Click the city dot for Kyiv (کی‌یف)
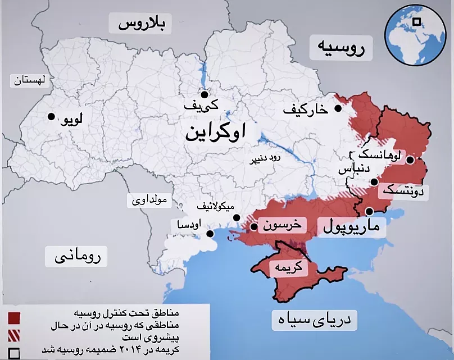coord(204,94)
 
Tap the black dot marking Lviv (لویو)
coord(51,116)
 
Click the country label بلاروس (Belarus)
coord(143,24)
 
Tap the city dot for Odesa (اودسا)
coord(210,234)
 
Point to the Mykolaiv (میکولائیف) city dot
coord(237,217)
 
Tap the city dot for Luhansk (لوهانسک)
coord(410,160)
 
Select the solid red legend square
coord(14,318)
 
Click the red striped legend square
coord(14,335)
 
